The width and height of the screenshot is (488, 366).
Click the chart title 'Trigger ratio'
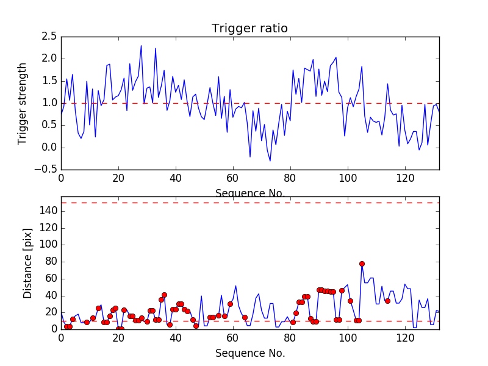point(249,29)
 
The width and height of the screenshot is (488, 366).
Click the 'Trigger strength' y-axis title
point(23,103)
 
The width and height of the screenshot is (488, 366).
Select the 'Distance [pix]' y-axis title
point(27,263)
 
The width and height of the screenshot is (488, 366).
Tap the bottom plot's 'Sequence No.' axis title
point(249,353)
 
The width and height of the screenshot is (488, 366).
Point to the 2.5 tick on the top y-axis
point(49,37)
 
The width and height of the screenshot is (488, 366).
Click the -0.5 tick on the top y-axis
point(46,170)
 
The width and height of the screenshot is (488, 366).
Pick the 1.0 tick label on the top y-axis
point(49,103)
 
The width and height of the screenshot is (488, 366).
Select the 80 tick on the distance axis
point(51,261)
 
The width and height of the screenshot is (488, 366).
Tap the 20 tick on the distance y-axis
point(51,312)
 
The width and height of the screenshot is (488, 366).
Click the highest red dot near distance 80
point(362,264)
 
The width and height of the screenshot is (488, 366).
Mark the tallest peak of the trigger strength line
point(141,45)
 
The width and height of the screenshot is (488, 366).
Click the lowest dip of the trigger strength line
point(270,161)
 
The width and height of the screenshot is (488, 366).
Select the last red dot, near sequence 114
point(387,301)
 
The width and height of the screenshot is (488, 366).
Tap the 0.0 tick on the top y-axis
point(49,148)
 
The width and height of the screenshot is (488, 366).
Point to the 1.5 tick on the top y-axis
point(49,81)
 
